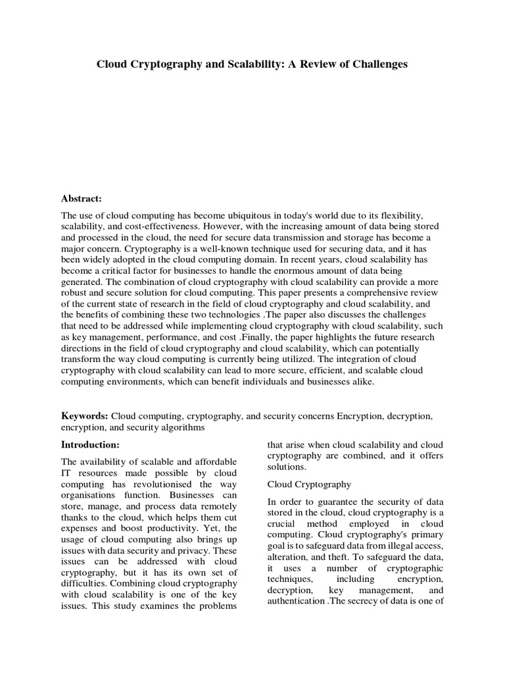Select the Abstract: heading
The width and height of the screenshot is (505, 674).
(82, 198)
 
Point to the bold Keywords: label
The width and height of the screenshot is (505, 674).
(85, 417)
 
